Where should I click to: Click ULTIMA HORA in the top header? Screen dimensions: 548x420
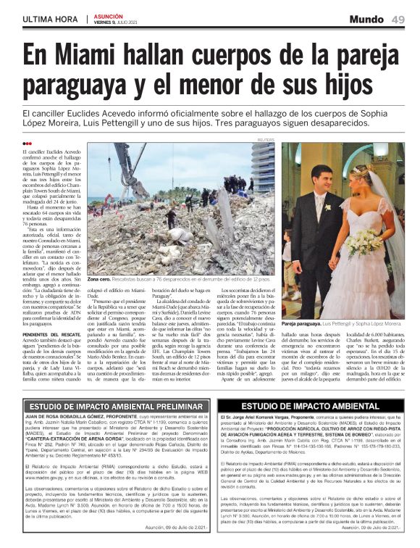tap(50, 19)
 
